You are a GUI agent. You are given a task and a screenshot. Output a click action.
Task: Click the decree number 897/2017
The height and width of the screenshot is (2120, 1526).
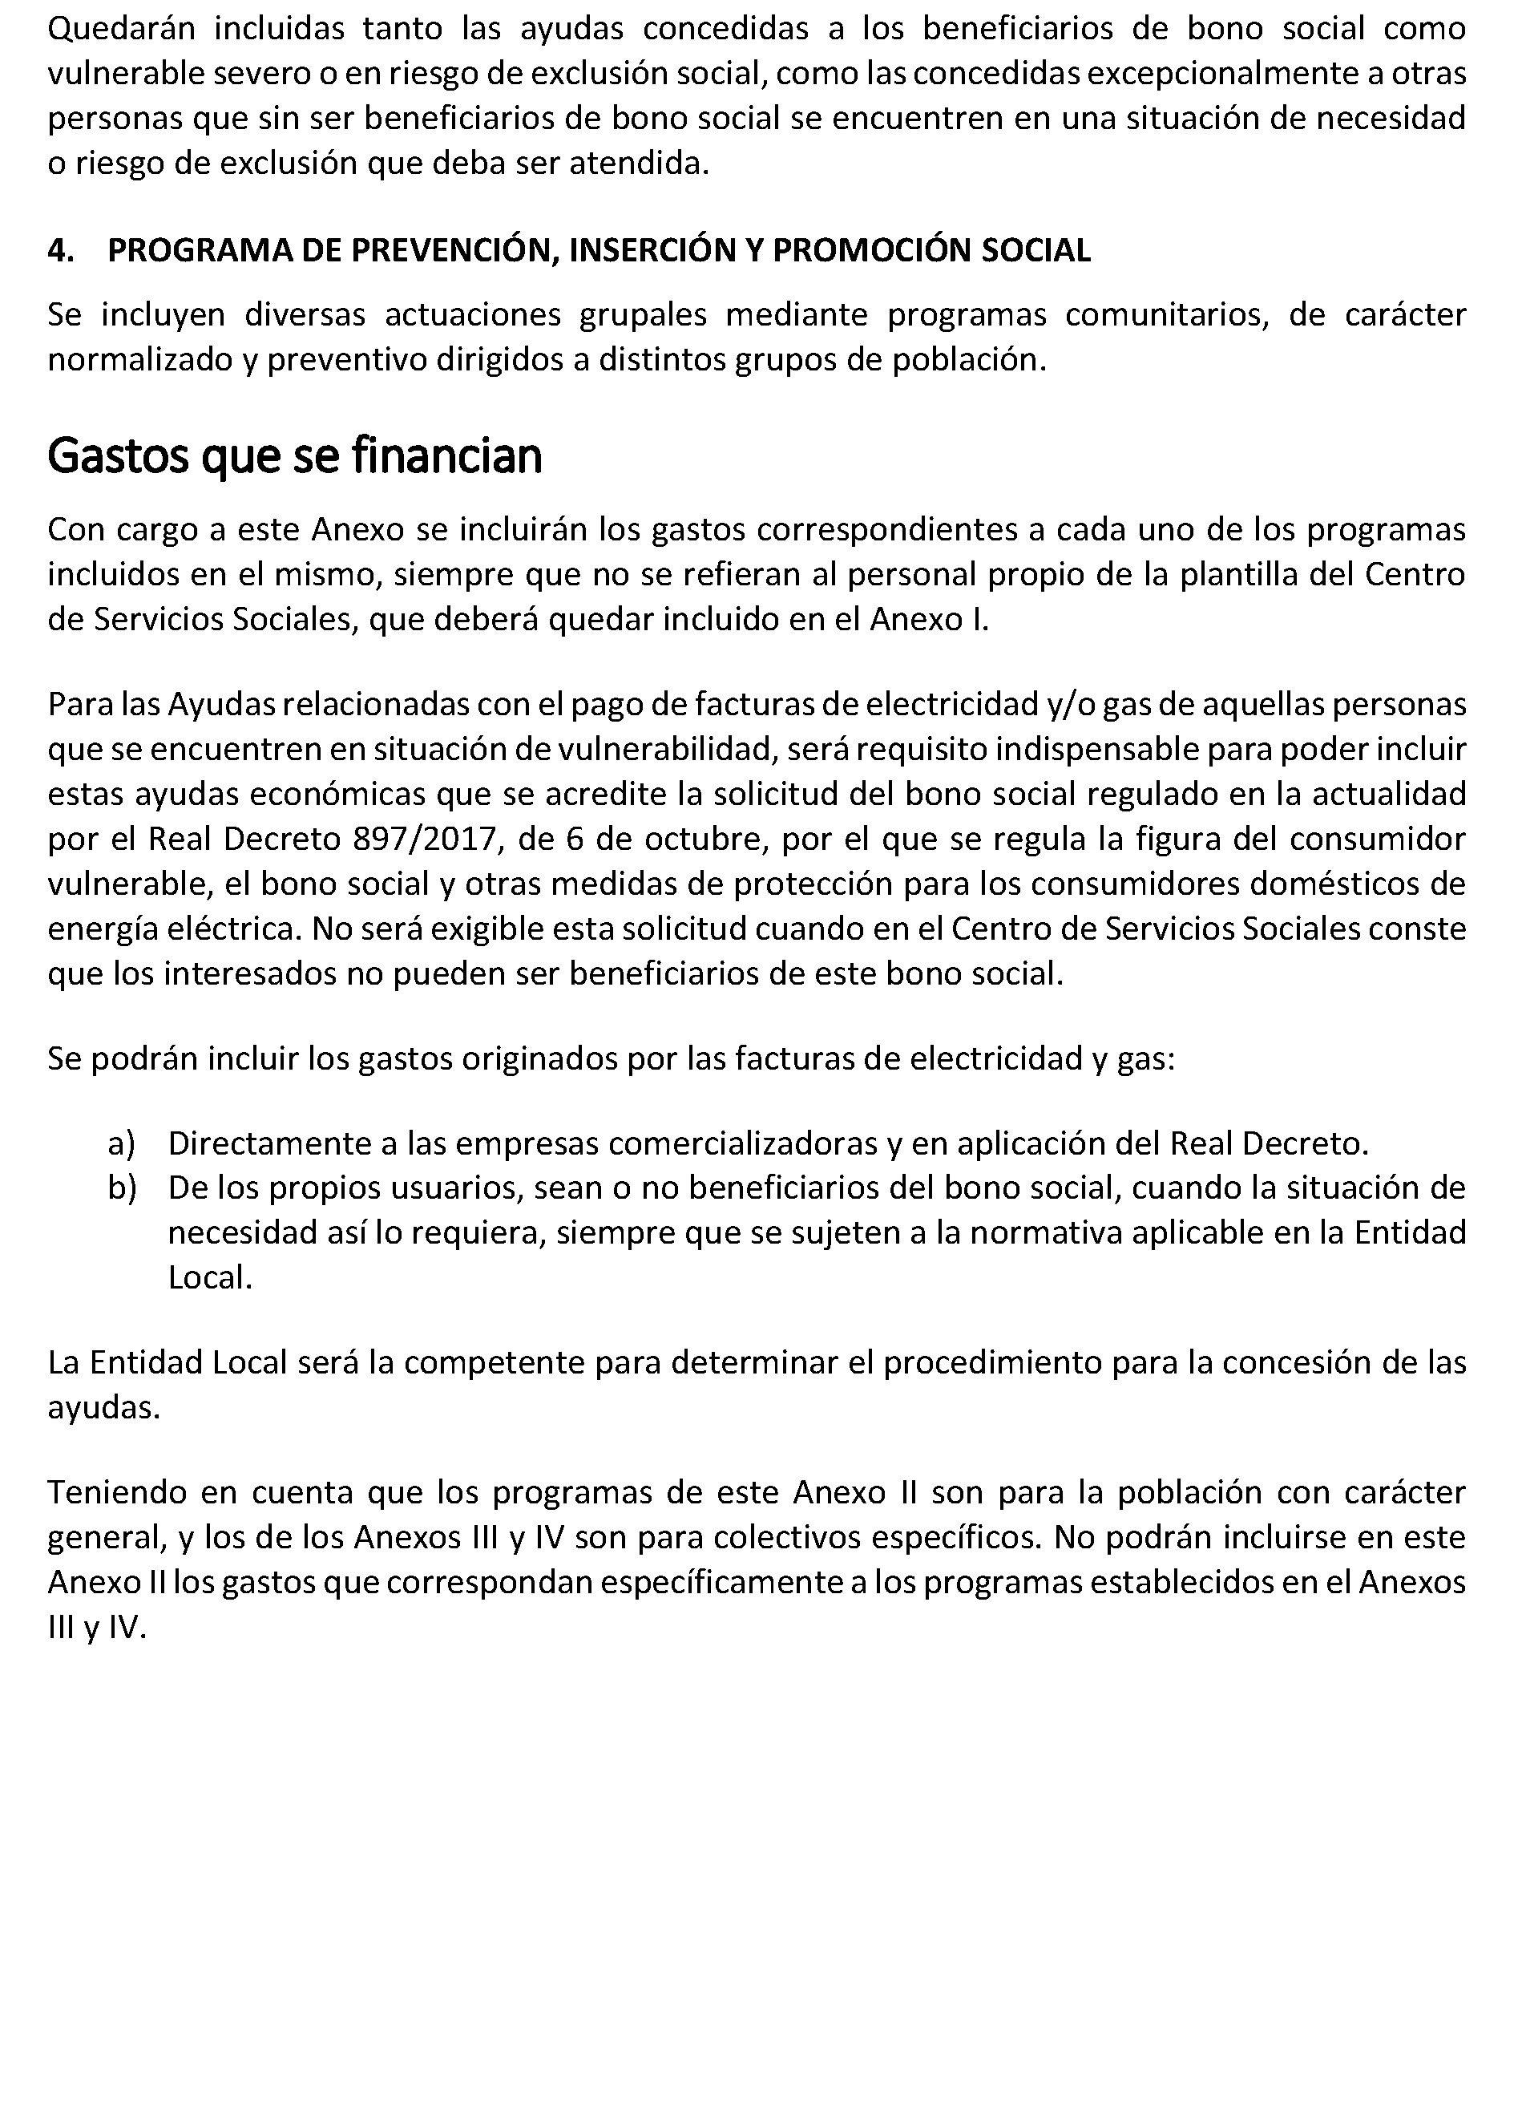click(x=422, y=840)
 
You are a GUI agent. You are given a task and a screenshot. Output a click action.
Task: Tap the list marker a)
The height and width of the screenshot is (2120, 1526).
click(x=122, y=1143)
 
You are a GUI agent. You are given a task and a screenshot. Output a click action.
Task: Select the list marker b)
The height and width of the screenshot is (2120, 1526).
click(x=122, y=1188)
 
